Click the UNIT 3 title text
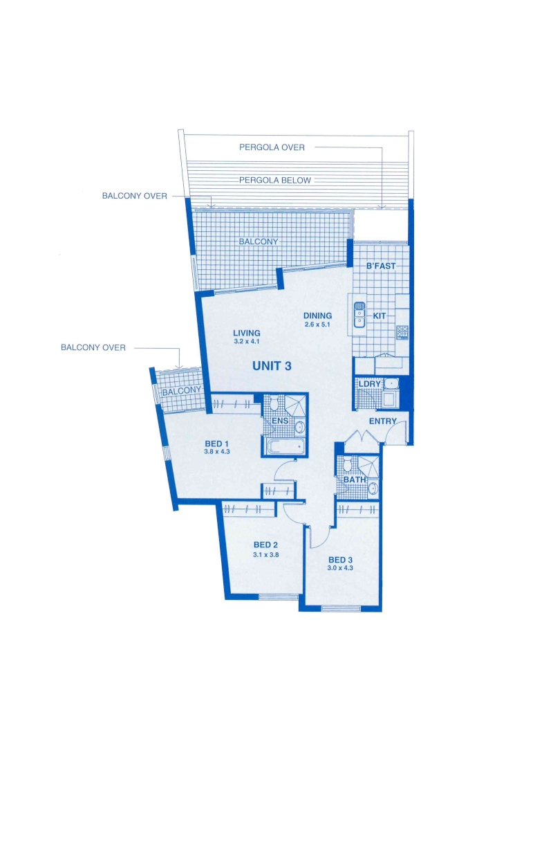(x=272, y=366)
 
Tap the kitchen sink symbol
(x=359, y=315)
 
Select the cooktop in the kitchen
(x=402, y=332)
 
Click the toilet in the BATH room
(x=346, y=466)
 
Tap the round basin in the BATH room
(x=373, y=489)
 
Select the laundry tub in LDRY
(x=391, y=384)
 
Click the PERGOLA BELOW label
(x=275, y=181)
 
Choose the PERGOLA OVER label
(x=272, y=147)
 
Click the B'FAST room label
(x=381, y=266)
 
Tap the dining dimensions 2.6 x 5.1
(x=317, y=325)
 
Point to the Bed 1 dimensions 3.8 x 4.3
(x=216, y=451)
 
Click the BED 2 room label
(x=265, y=545)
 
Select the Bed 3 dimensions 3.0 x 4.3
(x=340, y=568)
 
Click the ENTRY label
(x=382, y=421)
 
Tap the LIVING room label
(x=247, y=333)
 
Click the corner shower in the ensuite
(x=295, y=404)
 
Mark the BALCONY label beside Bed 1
(x=181, y=391)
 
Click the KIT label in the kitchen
(x=379, y=316)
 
